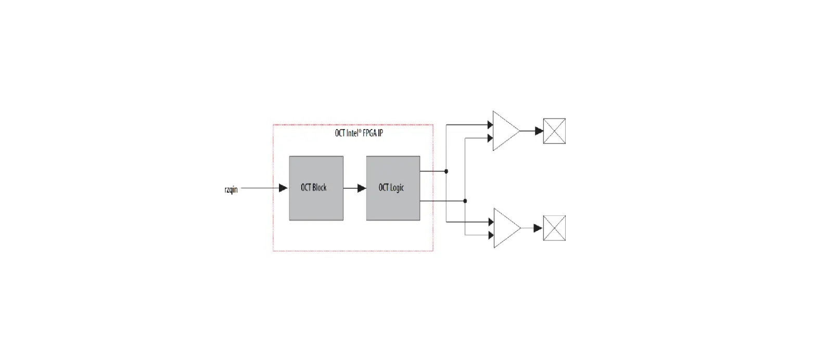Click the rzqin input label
(x=231, y=189)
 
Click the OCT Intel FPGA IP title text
(x=359, y=133)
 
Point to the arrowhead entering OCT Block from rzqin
(x=283, y=188)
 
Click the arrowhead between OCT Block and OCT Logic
(x=362, y=188)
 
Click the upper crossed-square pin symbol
(x=554, y=131)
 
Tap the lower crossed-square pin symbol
(x=554, y=228)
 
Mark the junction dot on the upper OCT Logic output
(x=446, y=171)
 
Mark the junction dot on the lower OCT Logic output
(x=465, y=201)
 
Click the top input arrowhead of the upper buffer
(x=490, y=125)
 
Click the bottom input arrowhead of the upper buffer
(x=490, y=138)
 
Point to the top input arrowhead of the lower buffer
(x=490, y=222)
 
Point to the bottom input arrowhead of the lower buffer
(x=490, y=235)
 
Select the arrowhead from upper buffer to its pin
(x=539, y=131)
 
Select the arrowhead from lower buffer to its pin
(x=538, y=228)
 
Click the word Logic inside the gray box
(x=398, y=188)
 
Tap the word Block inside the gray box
(x=320, y=188)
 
